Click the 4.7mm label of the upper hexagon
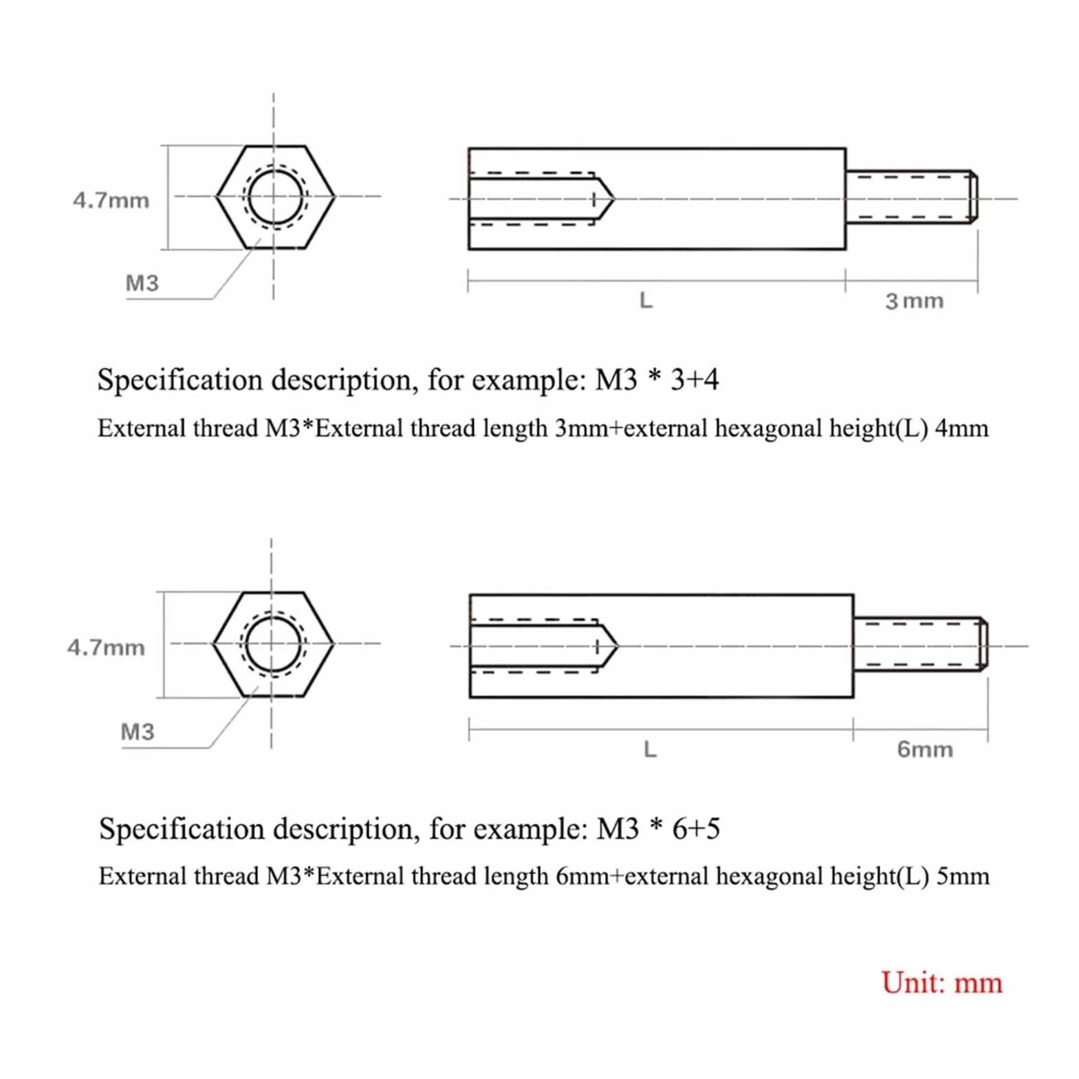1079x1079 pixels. (x=111, y=200)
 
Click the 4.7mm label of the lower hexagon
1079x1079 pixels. (x=106, y=647)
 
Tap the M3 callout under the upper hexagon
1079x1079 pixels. (x=142, y=283)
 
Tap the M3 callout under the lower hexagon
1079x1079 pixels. (x=138, y=731)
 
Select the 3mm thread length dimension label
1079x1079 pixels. (x=914, y=301)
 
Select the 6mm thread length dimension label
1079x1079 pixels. (x=925, y=749)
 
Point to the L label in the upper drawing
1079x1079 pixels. (x=646, y=301)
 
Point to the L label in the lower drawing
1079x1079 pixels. (x=650, y=749)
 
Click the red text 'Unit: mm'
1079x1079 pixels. (x=941, y=982)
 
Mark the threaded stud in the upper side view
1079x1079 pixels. (x=911, y=197)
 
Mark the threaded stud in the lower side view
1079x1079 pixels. (x=921, y=644)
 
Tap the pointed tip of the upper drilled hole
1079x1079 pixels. (x=613, y=199)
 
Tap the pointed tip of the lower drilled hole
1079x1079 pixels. (x=618, y=646)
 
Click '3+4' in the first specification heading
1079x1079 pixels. (x=695, y=380)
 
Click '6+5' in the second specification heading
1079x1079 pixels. (x=696, y=829)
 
